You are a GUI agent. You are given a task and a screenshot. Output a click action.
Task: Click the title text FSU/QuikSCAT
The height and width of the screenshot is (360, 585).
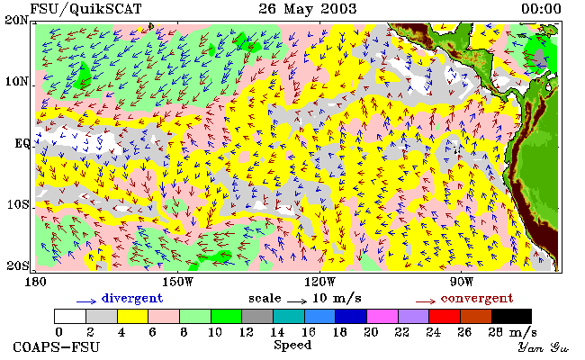point(85,9)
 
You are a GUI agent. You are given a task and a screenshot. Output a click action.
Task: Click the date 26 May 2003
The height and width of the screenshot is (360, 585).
point(308,9)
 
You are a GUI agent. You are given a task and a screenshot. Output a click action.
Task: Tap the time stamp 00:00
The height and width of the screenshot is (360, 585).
point(541,9)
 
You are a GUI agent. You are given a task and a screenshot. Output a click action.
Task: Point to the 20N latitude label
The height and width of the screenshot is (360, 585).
point(17,20)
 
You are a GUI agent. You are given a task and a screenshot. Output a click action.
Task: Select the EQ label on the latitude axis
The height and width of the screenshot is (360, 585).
point(22,143)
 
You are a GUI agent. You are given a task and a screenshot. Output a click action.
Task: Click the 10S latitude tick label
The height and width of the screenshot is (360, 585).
point(18,205)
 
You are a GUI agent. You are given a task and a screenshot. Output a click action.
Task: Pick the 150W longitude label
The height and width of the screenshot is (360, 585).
point(178,282)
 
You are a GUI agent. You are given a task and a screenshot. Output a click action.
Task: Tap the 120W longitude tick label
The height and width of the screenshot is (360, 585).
point(319,282)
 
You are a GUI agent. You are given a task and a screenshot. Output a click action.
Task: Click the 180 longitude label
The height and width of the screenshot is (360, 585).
point(35,282)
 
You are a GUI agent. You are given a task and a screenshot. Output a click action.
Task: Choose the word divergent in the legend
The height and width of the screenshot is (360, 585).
point(132,298)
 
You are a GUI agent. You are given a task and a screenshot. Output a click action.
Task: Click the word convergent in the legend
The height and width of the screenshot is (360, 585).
point(477,298)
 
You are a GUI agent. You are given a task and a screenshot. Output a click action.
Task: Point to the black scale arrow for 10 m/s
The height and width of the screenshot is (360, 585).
point(297,301)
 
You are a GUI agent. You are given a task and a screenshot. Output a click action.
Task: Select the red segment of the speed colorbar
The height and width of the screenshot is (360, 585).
point(445,316)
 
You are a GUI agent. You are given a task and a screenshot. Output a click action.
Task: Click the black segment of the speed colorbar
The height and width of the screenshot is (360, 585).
point(511,316)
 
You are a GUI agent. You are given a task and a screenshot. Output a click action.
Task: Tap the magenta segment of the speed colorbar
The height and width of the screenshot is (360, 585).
point(382,316)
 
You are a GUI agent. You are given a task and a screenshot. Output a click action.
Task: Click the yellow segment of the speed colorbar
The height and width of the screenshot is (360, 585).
point(133,316)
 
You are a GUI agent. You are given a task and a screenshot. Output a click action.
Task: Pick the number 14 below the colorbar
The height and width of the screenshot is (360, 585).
point(277,332)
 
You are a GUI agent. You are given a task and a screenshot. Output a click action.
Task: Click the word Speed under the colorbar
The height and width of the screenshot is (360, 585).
point(292,345)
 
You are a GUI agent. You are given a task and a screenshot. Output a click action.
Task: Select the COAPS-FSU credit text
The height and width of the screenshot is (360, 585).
point(57,347)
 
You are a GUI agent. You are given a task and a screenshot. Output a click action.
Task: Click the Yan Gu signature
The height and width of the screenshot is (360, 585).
point(543,347)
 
